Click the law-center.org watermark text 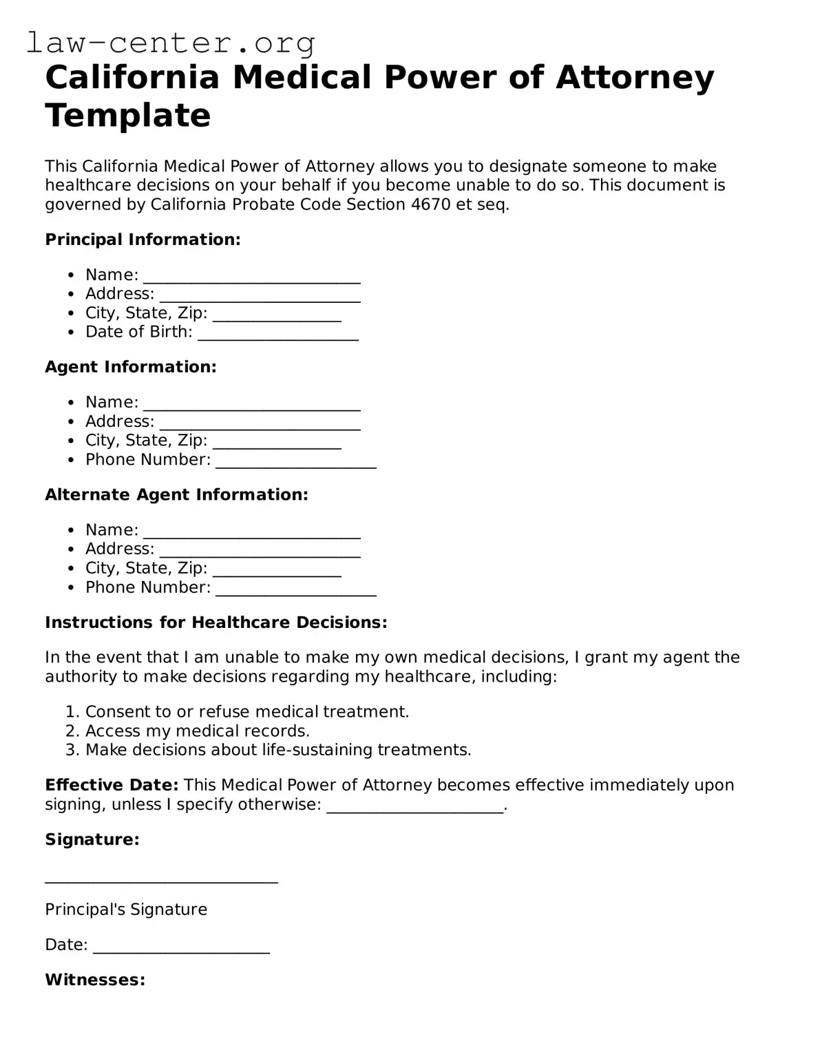tap(171, 43)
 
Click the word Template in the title tap(127, 115)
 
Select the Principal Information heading tap(143, 240)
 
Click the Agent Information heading tap(131, 367)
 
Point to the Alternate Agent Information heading tap(176, 494)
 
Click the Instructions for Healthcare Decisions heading tap(215, 622)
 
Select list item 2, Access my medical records tap(197, 731)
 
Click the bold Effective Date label tap(112, 785)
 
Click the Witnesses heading tap(95, 980)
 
